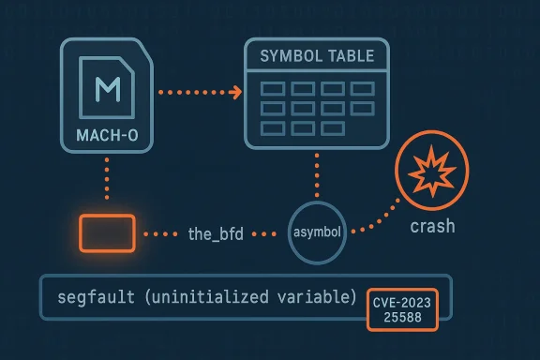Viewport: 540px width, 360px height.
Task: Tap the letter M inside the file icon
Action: (108, 90)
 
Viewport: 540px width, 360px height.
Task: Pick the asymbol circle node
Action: (315, 230)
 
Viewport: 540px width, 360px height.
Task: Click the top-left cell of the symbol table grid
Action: (272, 88)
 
